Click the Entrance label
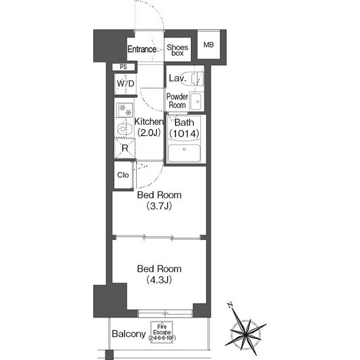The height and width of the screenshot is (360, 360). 142,49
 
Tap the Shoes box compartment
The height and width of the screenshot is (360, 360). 178,49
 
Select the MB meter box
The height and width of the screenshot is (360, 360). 209,45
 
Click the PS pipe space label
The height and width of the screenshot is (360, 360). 123,67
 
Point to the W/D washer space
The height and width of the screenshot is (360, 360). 125,84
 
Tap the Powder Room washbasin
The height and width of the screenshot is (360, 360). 196,101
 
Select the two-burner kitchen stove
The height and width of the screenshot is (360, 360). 125,110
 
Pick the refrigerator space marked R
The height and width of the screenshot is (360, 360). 125,148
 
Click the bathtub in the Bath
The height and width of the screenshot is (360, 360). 184,153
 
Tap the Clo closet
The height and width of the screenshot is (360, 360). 123,175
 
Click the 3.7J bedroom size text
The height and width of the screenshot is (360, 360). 159,206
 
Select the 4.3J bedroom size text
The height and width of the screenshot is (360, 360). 159,280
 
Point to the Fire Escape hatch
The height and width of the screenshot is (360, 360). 162,332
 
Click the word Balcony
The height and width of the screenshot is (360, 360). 129,334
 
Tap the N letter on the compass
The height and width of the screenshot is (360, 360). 230,305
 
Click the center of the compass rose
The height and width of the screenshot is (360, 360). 246,334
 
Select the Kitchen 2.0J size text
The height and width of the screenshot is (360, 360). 149,133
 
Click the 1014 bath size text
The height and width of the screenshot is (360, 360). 184,133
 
